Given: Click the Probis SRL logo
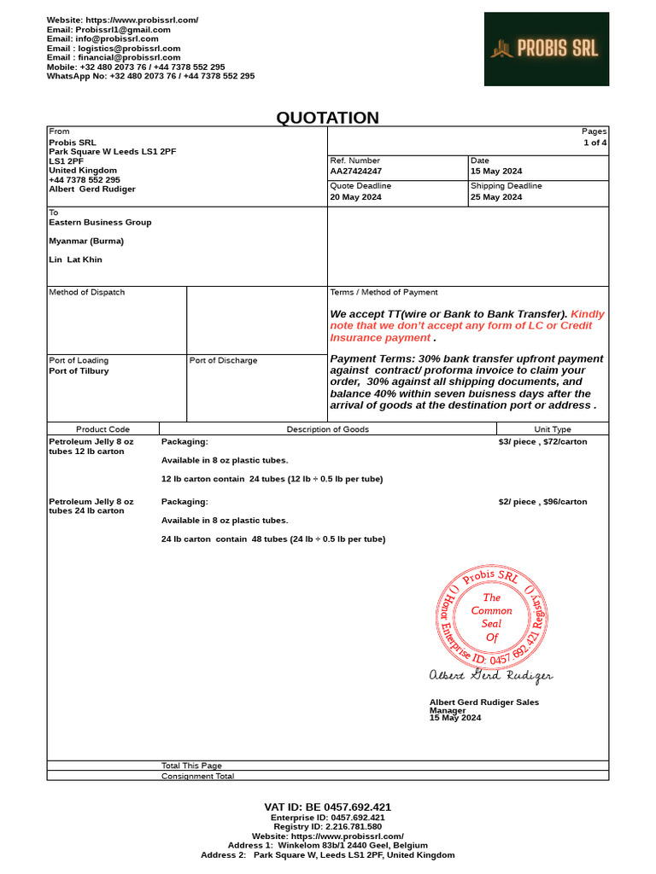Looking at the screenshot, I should click(x=546, y=49).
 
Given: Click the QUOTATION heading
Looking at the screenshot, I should click(x=327, y=118).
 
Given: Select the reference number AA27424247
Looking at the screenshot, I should click(x=355, y=172).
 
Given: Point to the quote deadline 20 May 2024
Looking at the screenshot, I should click(x=355, y=197).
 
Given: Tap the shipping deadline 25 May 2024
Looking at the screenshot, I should click(x=495, y=197).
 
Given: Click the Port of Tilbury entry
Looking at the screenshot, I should click(x=79, y=371).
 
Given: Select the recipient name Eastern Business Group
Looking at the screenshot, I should click(x=100, y=222).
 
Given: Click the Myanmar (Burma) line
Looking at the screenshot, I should click(x=86, y=241).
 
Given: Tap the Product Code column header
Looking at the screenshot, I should click(x=102, y=429).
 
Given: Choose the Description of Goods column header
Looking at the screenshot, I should click(x=327, y=429).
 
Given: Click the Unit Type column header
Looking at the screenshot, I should click(x=553, y=429).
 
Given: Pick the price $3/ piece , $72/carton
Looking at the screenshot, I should click(x=542, y=442).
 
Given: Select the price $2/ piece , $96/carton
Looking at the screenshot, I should click(x=542, y=502).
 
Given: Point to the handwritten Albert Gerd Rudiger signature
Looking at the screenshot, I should click(x=490, y=676).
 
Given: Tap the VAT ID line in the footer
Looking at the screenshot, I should click(x=327, y=807).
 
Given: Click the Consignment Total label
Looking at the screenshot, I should click(x=197, y=776).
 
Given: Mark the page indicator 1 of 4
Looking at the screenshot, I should click(x=594, y=143).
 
